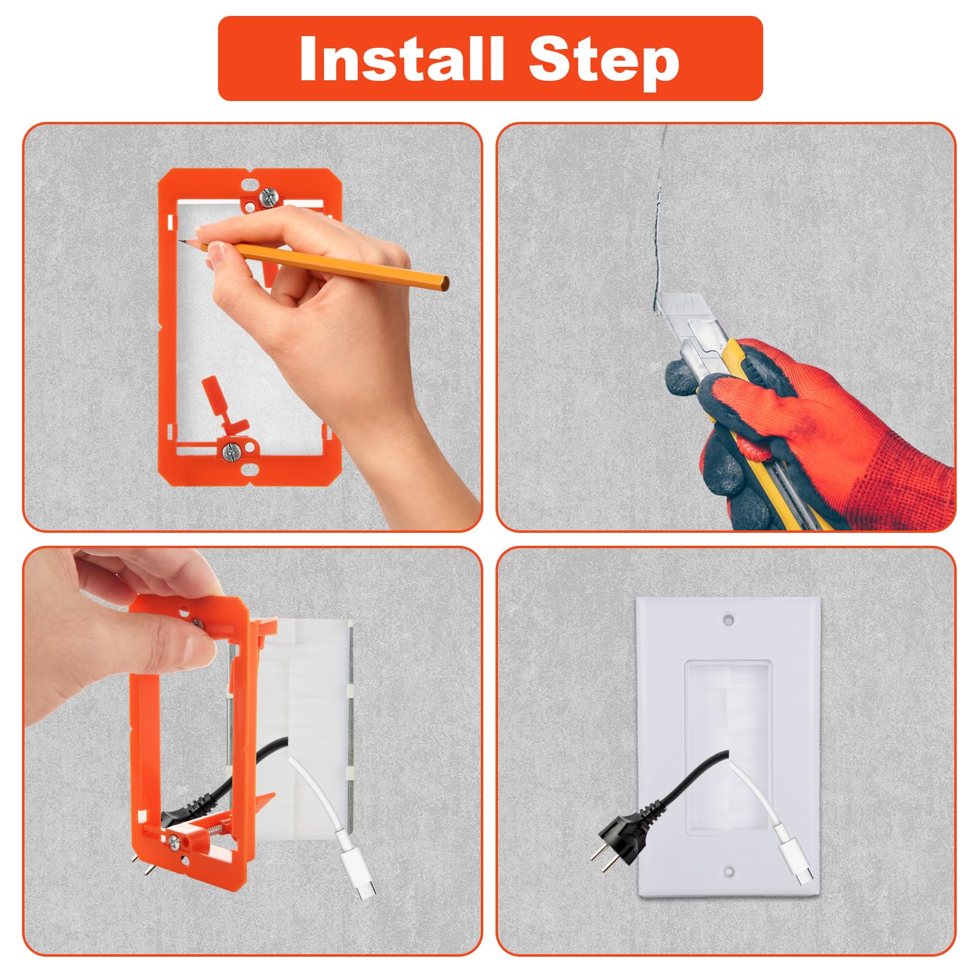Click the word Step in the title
point(603,59)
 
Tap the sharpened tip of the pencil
point(182,241)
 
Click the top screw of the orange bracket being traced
point(269,197)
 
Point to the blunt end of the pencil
point(445,284)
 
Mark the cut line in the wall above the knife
point(658,233)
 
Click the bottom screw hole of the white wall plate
point(728,870)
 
